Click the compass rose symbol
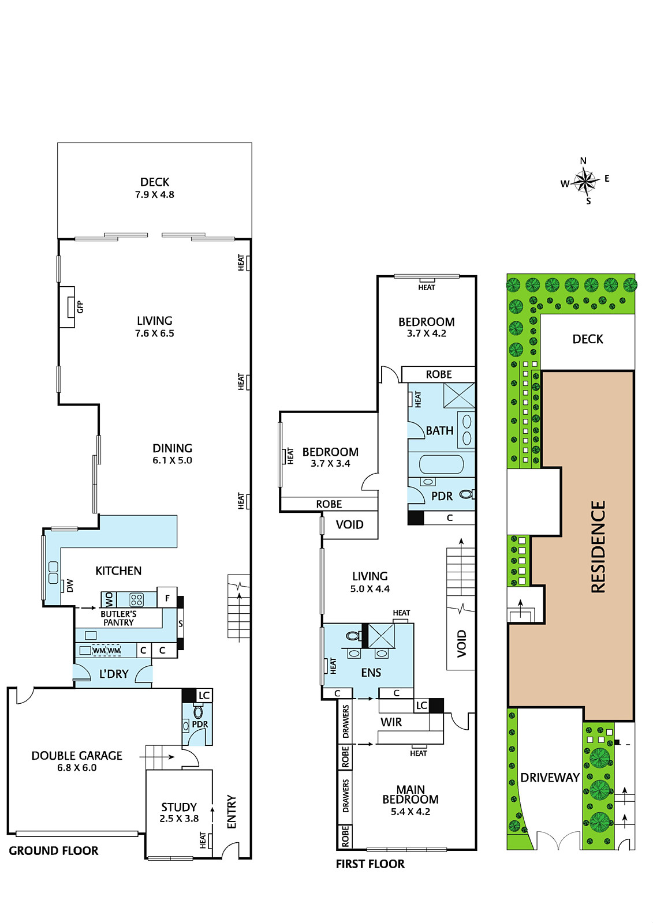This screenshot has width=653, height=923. point(585,181)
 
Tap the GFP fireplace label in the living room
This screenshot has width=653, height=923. point(80,306)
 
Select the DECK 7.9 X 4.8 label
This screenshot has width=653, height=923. point(155,188)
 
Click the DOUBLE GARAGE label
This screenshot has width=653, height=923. point(77,755)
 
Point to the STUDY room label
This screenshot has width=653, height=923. point(179,807)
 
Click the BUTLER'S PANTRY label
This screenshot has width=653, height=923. point(118,618)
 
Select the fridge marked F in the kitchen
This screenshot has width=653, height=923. point(167,598)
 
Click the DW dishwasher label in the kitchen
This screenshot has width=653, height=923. point(70,585)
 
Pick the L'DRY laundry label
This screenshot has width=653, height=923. point(114,674)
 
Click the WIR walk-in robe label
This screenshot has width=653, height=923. point(391,722)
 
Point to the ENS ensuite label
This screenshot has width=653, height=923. point(371,673)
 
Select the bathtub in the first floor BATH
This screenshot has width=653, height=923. point(441,464)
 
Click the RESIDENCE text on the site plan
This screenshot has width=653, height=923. point(598,546)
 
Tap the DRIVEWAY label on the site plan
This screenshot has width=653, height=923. point(550,778)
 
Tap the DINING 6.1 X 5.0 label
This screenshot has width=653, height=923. point(173,453)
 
